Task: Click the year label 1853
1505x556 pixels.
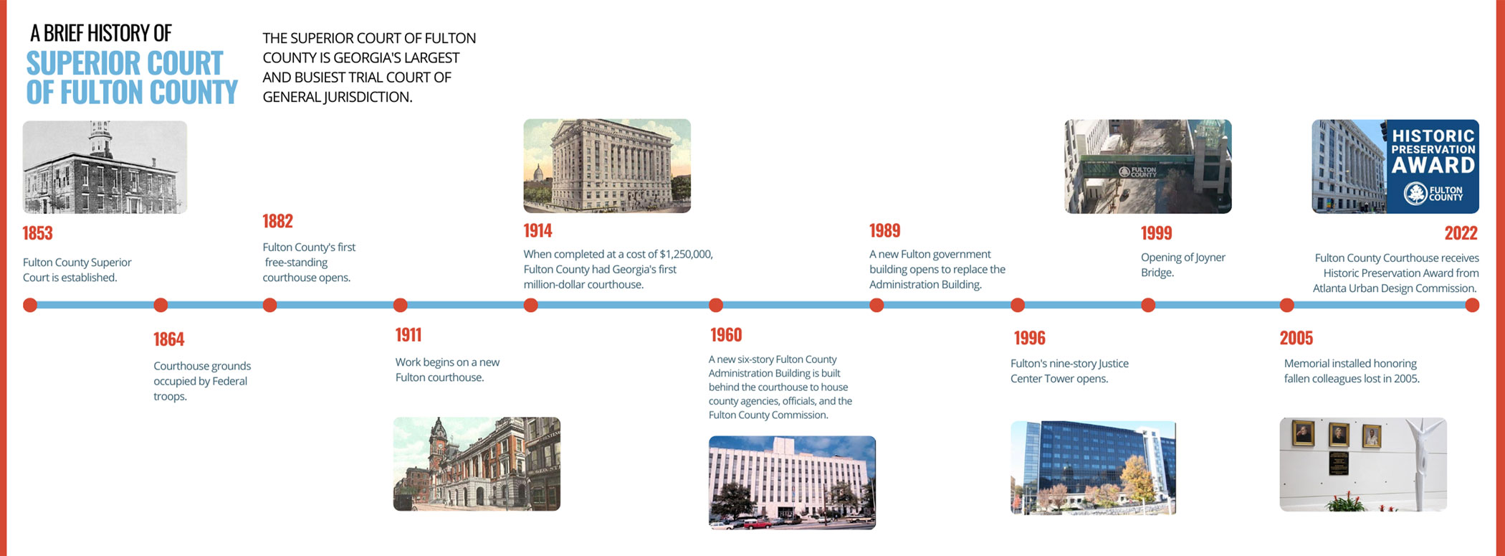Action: pyautogui.click(x=37, y=233)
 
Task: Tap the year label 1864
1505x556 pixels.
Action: pyautogui.click(x=168, y=339)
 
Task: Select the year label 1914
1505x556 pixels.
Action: pyautogui.click(x=537, y=230)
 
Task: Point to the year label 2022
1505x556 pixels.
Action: pyautogui.click(x=1461, y=233)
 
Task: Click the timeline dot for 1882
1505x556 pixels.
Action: pyautogui.click(x=269, y=305)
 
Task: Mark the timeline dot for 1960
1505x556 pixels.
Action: pyautogui.click(x=715, y=305)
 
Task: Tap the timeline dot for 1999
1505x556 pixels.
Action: pyautogui.click(x=1148, y=305)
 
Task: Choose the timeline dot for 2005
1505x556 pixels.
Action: pyautogui.click(x=1287, y=305)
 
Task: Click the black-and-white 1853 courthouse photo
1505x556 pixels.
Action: pyautogui.click(x=105, y=166)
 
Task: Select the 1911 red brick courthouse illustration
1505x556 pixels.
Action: pyautogui.click(x=477, y=463)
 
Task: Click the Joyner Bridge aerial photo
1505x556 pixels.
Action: pyautogui.click(x=1148, y=166)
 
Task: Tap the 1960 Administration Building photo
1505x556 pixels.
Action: pyautogui.click(x=792, y=482)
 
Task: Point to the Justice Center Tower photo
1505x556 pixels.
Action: pyautogui.click(x=1093, y=467)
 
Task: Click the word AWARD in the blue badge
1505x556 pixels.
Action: pyautogui.click(x=1433, y=166)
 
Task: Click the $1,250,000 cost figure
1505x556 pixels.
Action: pyautogui.click(x=686, y=254)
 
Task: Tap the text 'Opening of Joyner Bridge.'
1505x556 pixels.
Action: pyautogui.click(x=1182, y=265)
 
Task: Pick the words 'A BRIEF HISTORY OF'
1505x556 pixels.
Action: pyautogui.click(x=101, y=33)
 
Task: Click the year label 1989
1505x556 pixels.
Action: pyautogui.click(x=884, y=230)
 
